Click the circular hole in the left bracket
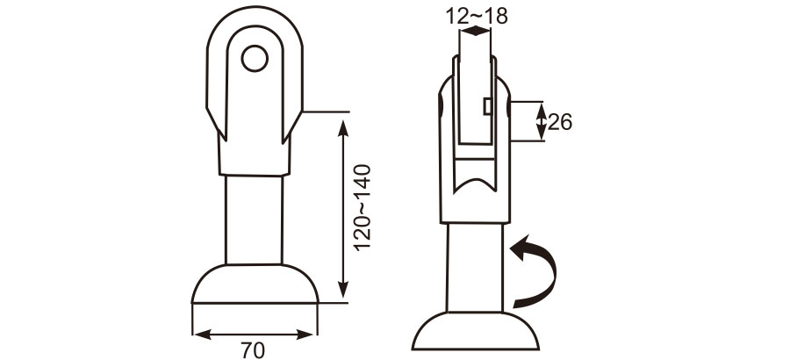[255, 59]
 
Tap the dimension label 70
[253, 349]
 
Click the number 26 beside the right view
[560, 123]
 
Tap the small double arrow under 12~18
[475, 32]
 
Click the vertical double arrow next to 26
[541, 121]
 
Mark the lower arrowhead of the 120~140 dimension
[343, 293]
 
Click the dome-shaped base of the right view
[475, 334]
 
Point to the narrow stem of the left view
[255, 220]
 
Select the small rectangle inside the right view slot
[485, 106]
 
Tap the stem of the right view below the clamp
[475, 263]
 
